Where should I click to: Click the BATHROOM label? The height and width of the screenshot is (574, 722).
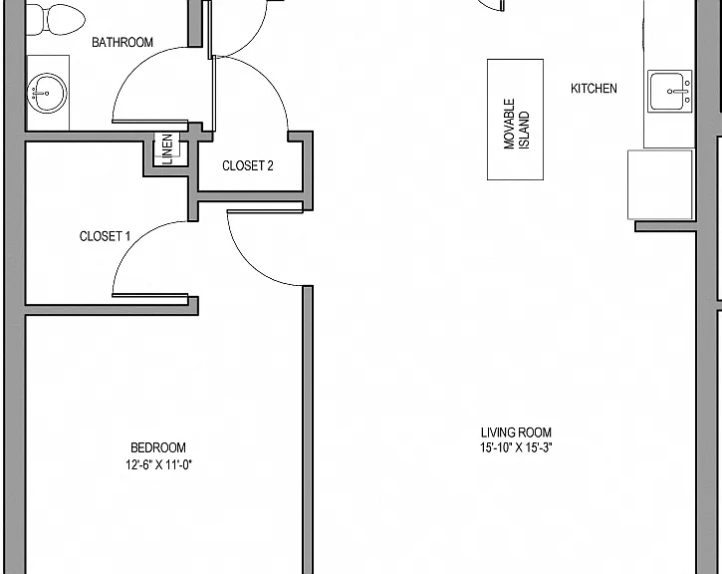122,43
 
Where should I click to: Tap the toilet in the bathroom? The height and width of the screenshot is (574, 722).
55,19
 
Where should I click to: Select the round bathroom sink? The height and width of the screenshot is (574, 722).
47,93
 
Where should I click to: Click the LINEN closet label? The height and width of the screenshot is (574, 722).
168,148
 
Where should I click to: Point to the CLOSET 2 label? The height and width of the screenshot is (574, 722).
248,165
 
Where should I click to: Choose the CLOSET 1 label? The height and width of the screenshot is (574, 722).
105,236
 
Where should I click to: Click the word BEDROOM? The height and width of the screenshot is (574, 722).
158,447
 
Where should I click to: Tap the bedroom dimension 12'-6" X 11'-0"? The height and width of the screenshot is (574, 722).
159,464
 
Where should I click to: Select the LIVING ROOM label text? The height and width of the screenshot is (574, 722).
516,432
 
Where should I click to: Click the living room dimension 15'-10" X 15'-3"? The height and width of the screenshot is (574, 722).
516,447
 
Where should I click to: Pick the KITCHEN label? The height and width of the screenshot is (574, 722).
594,89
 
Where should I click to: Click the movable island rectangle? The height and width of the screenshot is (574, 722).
516,120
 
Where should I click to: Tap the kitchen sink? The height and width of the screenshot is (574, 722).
670,92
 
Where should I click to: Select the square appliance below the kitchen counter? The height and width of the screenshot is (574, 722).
660,184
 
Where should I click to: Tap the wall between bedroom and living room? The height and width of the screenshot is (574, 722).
308,430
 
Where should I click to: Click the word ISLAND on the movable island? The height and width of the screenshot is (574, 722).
524,131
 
